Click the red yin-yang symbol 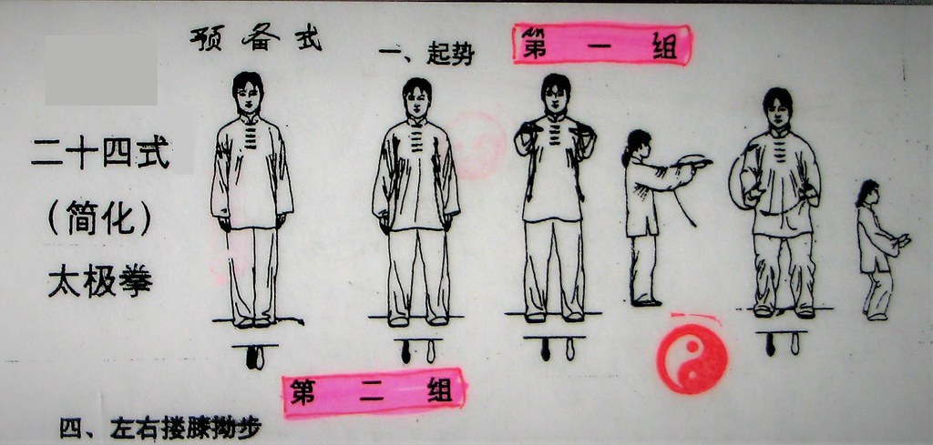click(x=692, y=359)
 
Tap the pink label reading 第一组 click(x=601, y=44)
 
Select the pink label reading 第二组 click(x=374, y=393)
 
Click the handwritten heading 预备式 click(x=256, y=39)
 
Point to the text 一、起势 click(x=426, y=55)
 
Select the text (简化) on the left click(x=99, y=217)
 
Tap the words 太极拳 click(x=100, y=281)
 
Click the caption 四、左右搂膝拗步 click(x=160, y=430)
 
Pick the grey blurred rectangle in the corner click(x=101, y=69)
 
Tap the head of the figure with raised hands click(x=556, y=94)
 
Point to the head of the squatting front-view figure click(x=778, y=108)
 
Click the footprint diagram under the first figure click(x=255, y=355)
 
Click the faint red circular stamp click(x=476, y=147)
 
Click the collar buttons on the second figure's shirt click(x=416, y=137)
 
